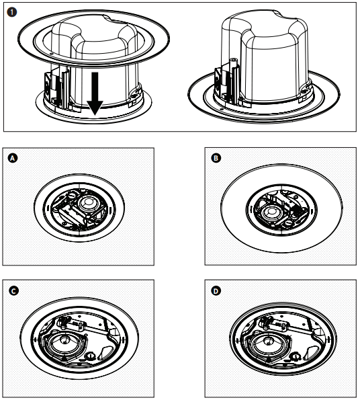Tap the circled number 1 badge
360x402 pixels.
pos(11,11)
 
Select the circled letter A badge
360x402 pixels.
pos(11,159)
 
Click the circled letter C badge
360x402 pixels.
pos(11,291)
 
